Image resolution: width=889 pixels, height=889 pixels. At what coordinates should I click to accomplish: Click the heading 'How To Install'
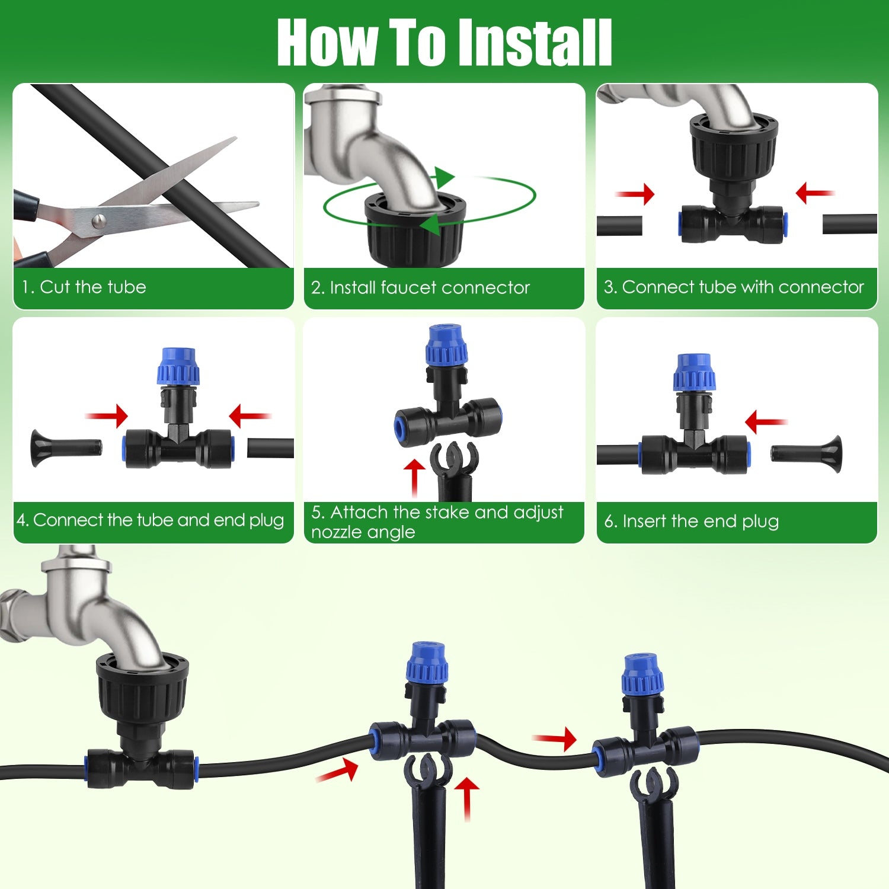click(444, 43)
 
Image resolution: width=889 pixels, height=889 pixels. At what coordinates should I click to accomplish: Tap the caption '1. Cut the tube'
click(84, 287)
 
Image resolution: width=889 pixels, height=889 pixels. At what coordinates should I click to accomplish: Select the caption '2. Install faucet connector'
click(420, 287)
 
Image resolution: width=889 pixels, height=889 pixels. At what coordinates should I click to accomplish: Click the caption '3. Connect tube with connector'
click(733, 287)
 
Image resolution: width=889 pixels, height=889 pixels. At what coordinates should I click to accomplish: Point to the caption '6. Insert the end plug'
click(691, 521)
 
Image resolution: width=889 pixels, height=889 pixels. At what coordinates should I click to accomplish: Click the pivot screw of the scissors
click(99, 221)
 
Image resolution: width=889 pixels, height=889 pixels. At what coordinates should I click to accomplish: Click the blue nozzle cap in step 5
click(446, 344)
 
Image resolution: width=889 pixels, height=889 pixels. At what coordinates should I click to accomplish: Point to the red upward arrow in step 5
click(414, 477)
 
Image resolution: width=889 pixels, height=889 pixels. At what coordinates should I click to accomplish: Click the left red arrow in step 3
click(636, 194)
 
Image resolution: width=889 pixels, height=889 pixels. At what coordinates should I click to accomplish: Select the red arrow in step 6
click(765, 422)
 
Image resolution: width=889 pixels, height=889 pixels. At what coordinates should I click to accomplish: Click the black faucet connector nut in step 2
click(415, 234)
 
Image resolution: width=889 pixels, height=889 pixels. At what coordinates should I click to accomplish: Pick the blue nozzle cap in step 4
click(178, 367)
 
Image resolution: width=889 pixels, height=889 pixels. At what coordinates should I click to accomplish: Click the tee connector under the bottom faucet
click(141, 768)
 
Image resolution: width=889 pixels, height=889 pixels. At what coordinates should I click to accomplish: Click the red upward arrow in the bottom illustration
click(467, 798)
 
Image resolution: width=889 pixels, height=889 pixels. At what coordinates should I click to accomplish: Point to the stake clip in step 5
click(454, 458)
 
